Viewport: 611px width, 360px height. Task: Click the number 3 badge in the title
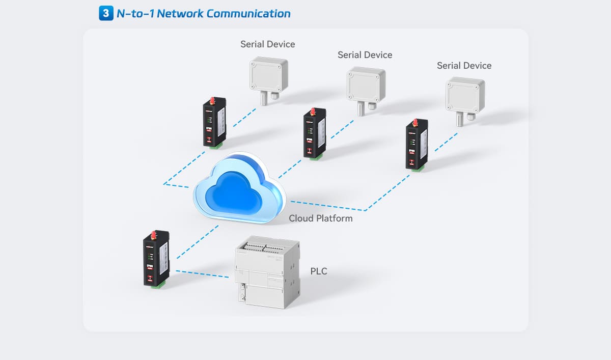point(105,13)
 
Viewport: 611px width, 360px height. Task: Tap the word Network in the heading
point(180,13)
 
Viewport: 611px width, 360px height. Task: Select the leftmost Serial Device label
point(267,44)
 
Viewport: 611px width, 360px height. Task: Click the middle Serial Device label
point(365,54)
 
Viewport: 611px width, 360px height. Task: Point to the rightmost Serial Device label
point(464,66)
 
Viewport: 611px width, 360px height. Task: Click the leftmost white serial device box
point(268,76)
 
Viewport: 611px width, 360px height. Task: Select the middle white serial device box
point(366,86)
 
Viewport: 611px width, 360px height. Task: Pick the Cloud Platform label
point(320,218)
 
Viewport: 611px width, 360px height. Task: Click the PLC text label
point(319,271)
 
